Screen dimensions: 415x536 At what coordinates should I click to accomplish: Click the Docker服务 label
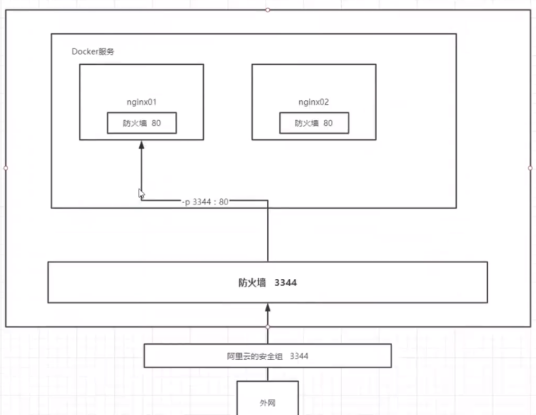point(93,52)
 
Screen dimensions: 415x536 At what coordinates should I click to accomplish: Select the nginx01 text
point(141,102)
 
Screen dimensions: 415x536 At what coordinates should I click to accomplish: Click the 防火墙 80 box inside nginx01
point(142,123)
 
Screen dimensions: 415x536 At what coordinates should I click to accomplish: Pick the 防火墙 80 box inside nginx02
point(314,123)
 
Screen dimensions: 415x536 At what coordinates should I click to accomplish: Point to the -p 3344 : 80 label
point(205,202)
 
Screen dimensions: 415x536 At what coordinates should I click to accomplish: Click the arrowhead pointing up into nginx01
point(141,144)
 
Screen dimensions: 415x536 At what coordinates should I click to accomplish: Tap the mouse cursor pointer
point(141,194)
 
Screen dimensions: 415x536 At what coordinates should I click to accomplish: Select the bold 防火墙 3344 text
point(267,283)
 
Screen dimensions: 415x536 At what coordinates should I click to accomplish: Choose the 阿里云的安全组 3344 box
point(267,356)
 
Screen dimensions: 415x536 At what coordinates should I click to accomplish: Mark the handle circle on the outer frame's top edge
point(268,10)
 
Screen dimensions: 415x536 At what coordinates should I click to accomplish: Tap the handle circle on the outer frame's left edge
point(6,168)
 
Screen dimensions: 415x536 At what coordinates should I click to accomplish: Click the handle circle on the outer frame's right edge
point(530,168)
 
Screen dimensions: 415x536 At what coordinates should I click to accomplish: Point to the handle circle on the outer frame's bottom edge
point(268,327)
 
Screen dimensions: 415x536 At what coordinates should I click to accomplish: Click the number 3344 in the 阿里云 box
point(299,356)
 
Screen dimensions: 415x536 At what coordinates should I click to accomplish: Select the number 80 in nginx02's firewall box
point(328,123)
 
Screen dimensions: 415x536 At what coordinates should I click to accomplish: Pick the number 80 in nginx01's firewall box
point(156,123)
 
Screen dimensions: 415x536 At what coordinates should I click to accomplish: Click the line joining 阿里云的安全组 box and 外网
point(268,374)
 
